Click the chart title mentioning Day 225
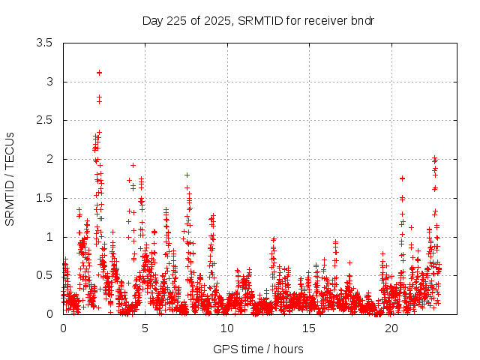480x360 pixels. tap(258, 20)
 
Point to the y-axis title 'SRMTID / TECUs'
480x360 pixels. tap(10, 178)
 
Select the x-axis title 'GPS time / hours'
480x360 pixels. tap(258, 349)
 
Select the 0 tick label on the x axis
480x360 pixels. tap(63, 328)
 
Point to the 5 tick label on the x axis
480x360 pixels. tap(145, 328)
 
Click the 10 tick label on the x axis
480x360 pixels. tap(227, 328)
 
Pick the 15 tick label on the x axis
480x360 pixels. tap(310, 328)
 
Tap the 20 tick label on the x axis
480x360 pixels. tap(391, 328)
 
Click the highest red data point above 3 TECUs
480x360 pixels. tap(99, 73)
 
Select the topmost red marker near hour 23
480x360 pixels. tap(435, 158)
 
